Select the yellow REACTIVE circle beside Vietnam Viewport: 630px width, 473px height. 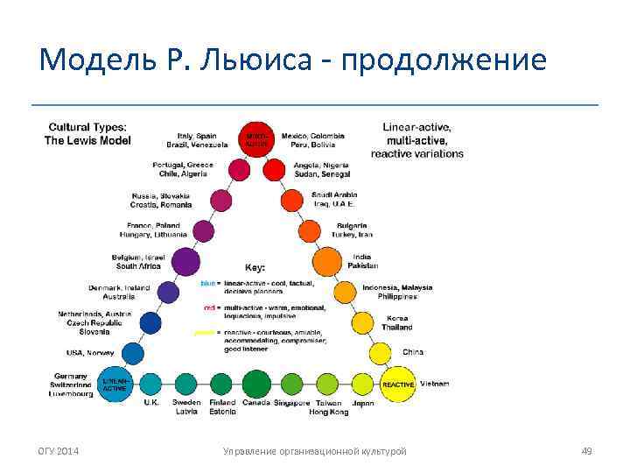click(396, 384)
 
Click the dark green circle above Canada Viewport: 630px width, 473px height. click(256, 384)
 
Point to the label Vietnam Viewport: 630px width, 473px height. click(435, 384)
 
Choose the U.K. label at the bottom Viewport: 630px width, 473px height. click(151, 403)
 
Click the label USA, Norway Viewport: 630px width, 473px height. click(89, 352)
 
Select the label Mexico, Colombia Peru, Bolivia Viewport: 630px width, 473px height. click(313, 140)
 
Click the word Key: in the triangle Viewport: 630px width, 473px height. click(255, 267)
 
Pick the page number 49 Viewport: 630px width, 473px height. click(586, 450)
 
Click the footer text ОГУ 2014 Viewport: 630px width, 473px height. click(58, 450)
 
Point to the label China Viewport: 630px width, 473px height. click(413, 352)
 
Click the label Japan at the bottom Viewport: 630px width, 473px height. click(363, 403)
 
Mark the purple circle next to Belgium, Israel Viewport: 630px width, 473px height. click(185, 261)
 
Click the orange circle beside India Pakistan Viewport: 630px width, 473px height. click(326, 261)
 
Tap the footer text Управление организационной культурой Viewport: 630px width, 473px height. click(315, 450)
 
